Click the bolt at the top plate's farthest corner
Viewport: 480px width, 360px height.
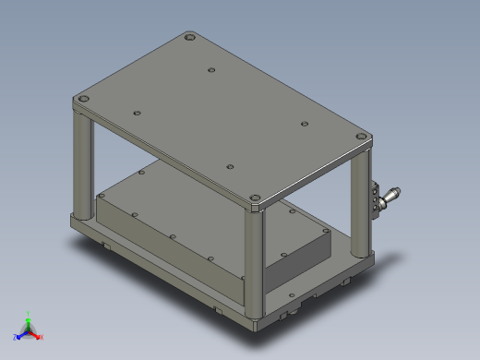190,38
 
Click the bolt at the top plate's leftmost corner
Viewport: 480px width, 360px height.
83,98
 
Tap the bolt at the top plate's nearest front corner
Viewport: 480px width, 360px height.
256,198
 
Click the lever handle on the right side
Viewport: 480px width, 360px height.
391,195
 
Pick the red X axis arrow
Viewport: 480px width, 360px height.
39,337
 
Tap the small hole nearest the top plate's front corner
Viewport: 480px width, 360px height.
230,167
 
